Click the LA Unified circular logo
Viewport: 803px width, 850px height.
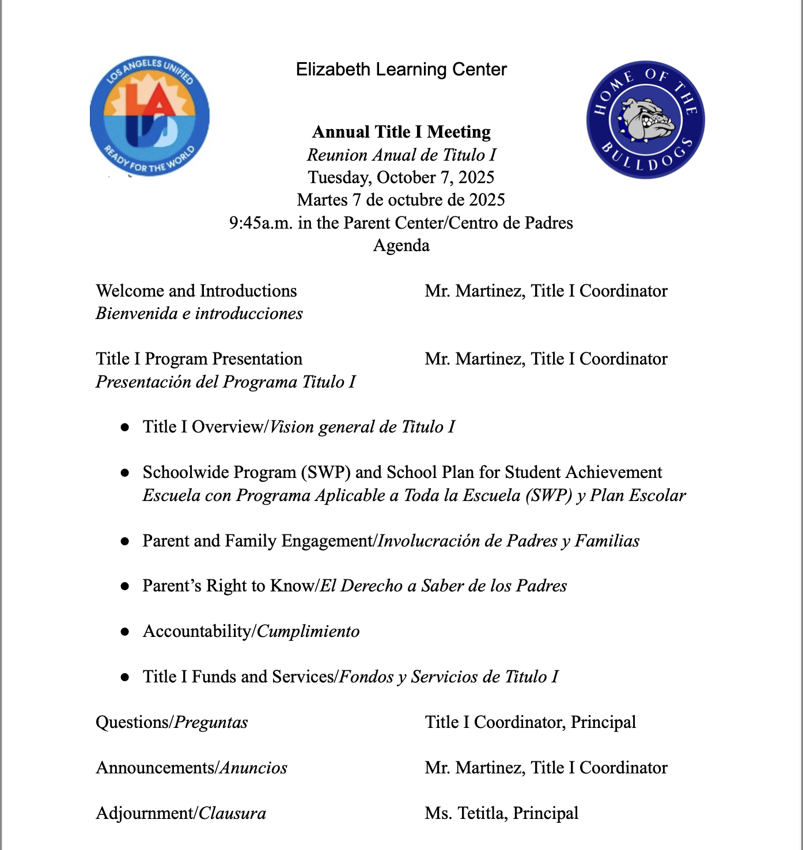click(150, 116)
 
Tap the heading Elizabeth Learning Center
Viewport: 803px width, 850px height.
click(401, 70)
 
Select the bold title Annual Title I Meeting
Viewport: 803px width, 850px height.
click(401, 132)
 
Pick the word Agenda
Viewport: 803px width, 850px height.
click(401, 245)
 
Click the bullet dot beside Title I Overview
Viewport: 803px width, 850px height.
click(124, 427)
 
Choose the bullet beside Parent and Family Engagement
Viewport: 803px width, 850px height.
click(124, 541)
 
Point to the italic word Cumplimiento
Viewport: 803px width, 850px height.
click(308, 632)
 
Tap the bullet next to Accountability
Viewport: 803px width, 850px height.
click(124, 632)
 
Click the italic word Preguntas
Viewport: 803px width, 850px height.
click(211, 723)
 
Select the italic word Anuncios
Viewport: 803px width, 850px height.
click(254, 768)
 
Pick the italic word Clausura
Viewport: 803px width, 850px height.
click(232, 814)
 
